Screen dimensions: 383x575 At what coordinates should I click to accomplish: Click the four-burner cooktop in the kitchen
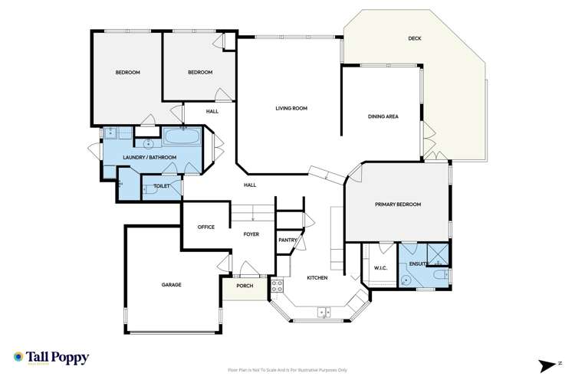point(278,286)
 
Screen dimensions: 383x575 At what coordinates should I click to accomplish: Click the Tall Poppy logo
point(51,358)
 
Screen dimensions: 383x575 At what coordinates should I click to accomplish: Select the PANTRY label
point(287,240)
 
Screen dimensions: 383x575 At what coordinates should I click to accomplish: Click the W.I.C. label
point(381,268)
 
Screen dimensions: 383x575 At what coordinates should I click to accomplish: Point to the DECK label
point(415,39)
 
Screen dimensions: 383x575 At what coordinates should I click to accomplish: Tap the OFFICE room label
point(205,228)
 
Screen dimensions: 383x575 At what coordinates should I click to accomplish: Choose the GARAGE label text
point(171,284)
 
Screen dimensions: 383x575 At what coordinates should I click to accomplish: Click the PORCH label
point(244,286)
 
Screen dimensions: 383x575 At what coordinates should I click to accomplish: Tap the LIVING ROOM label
point(291,108)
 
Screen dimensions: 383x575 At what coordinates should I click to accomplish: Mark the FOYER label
point(251,234)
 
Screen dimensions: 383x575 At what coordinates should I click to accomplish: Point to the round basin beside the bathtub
point(147,142)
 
